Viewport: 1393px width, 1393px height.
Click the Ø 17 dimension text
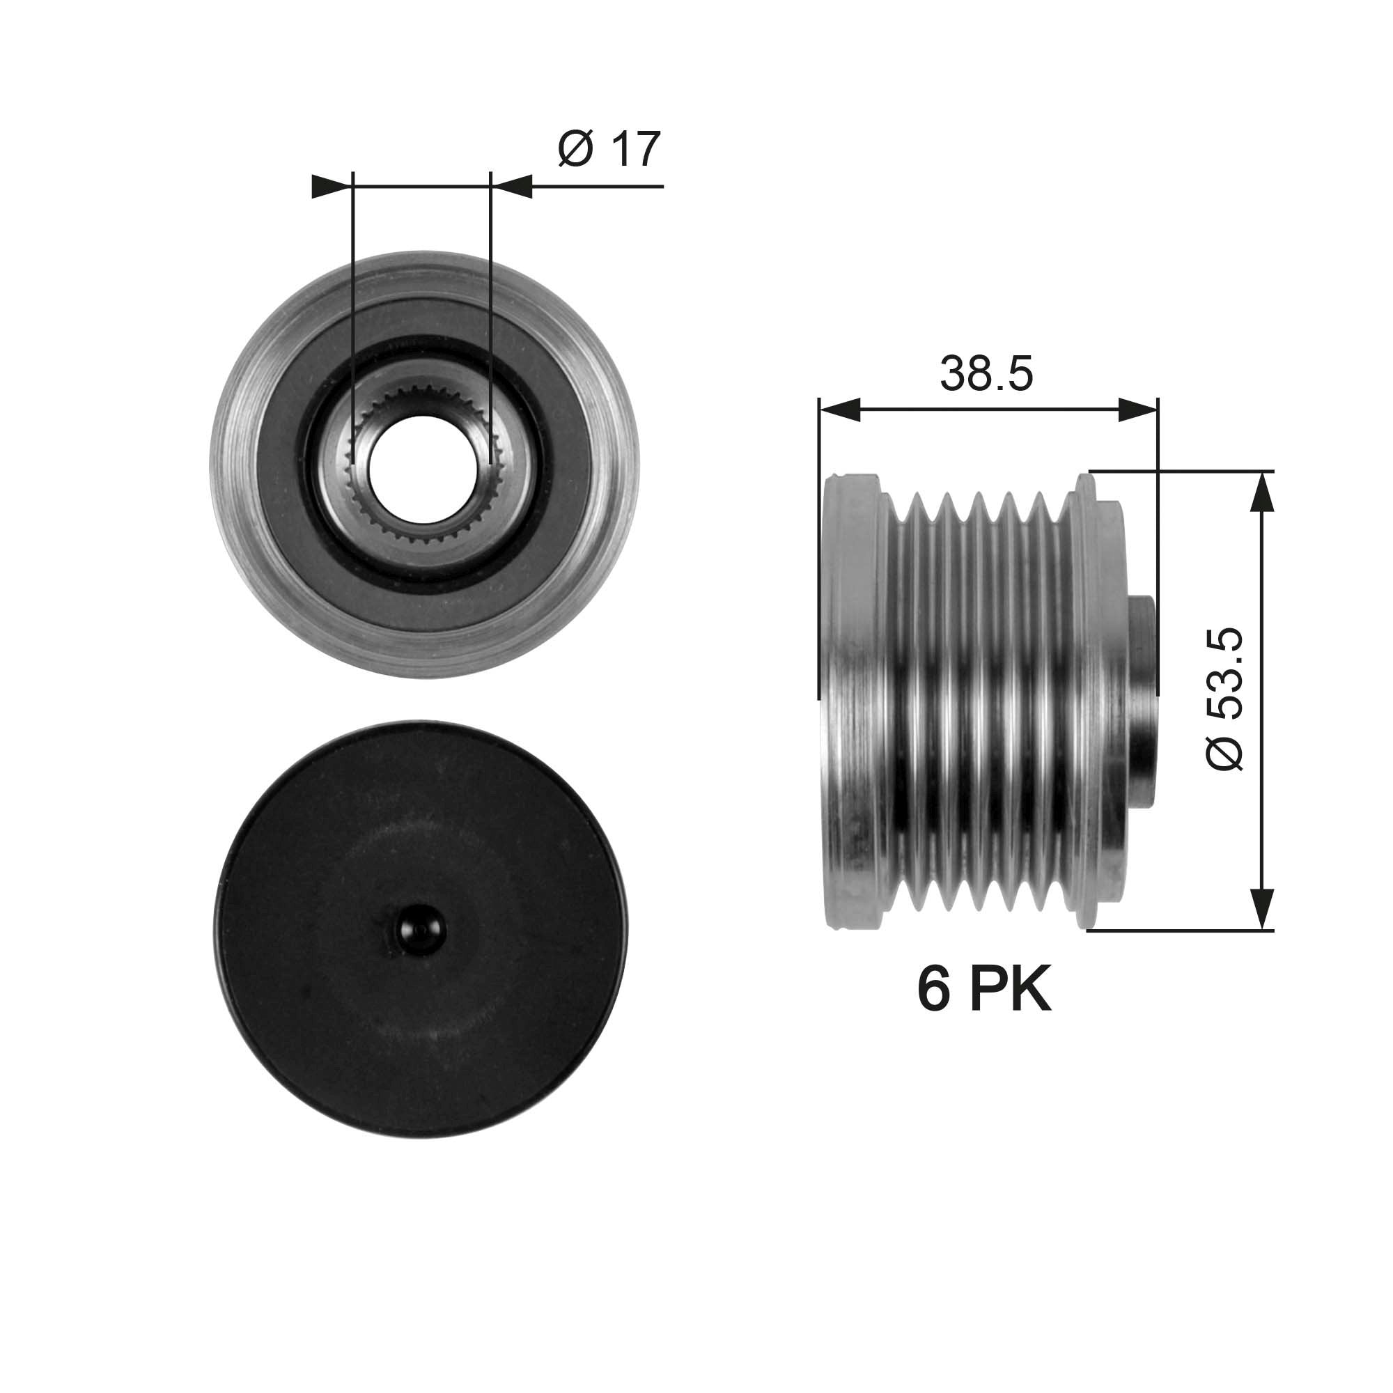tap(609, 150)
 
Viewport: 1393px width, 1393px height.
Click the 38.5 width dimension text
tap(986, 373)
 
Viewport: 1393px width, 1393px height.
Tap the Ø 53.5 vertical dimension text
tap(1225, 699)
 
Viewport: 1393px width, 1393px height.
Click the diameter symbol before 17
tap(575, 150)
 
